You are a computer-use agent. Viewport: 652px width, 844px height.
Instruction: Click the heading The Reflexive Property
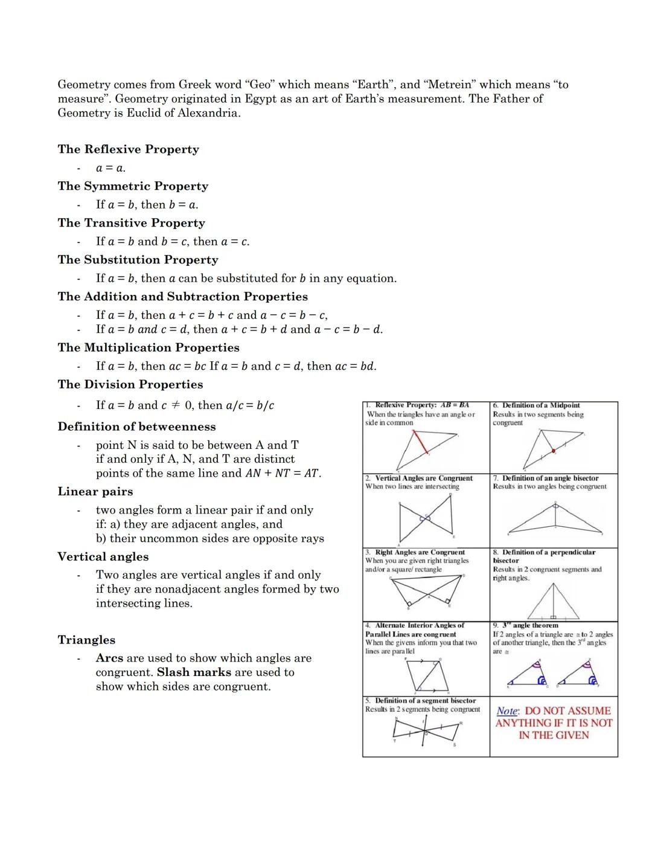point(128,149)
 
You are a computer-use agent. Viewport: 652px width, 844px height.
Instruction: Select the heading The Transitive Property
point(131,223)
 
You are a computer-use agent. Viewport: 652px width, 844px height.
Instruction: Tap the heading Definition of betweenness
point(136,427)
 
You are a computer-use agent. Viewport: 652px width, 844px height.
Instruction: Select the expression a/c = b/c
point(250,405)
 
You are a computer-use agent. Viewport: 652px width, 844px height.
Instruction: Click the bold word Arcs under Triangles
point(109,658)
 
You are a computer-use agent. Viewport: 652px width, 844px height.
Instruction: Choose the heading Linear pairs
point(95,492)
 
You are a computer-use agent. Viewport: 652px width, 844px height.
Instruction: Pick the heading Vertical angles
point(103,557)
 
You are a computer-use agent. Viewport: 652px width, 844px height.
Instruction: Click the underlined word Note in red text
point(507,712)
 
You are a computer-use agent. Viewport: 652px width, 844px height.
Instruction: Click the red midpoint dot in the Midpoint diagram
point(554,451)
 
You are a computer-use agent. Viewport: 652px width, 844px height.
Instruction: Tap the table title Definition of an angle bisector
point(550,478)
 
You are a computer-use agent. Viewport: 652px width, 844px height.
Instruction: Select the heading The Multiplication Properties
point(149,348)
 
